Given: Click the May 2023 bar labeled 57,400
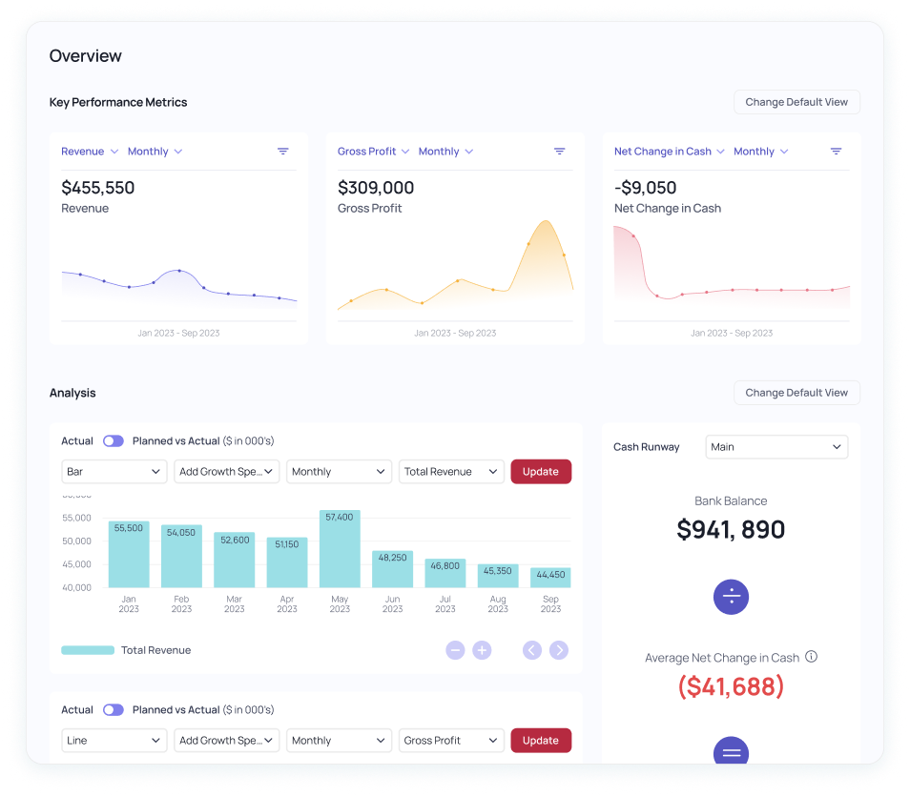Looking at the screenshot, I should (340, 549).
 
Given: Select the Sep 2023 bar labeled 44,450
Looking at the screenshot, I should (550, 578).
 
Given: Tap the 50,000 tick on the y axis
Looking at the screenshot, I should (76, 541).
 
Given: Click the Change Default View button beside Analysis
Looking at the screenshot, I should (796, 393).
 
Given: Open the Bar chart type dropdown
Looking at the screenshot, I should (114, 472).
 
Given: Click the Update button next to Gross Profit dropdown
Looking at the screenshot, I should (541, 741).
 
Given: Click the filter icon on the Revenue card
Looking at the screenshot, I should (283, 152).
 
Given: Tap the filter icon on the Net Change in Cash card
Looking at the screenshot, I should (837, 152).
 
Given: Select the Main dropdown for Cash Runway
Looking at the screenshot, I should (776, 447).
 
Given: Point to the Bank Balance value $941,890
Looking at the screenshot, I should (731, 530).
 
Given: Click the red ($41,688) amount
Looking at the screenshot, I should (731, 686).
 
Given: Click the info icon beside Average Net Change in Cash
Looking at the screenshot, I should (812, 657).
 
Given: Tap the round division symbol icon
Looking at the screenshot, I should (731, 598).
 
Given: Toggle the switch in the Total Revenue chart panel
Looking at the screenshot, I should (114, 441).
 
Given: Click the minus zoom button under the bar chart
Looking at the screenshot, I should (455, 650).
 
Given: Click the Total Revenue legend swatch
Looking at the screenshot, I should (88, 650).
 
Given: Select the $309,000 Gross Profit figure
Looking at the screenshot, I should (376, 188).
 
